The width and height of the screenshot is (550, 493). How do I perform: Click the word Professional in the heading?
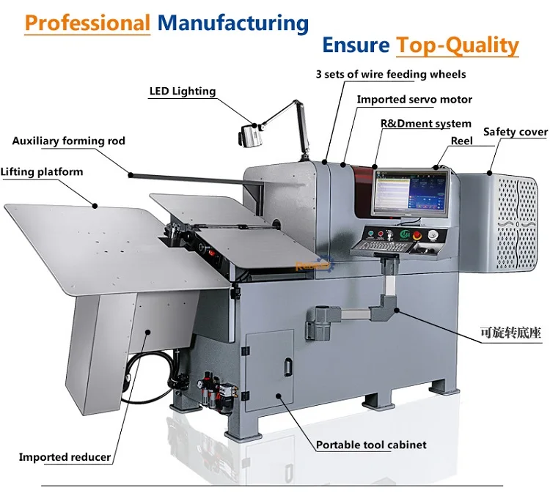tap(87, 22)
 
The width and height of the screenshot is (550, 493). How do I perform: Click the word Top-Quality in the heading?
tap(458, 45)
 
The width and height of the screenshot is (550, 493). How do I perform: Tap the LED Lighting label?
tap(183, 92)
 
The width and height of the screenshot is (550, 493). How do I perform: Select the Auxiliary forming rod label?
tap(69, 141)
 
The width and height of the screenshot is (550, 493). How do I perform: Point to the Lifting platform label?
tap(42, 172)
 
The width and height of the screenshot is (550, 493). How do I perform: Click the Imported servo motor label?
tap(414, 99)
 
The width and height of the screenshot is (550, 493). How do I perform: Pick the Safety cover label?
tap(515, 132)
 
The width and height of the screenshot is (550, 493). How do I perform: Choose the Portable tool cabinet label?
tap(371, 445)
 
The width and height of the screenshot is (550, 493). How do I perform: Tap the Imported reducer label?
tap(65, 457)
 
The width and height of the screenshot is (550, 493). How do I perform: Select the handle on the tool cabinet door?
tap(289, 364)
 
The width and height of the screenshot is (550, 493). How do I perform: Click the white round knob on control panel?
tap(433, 234)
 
